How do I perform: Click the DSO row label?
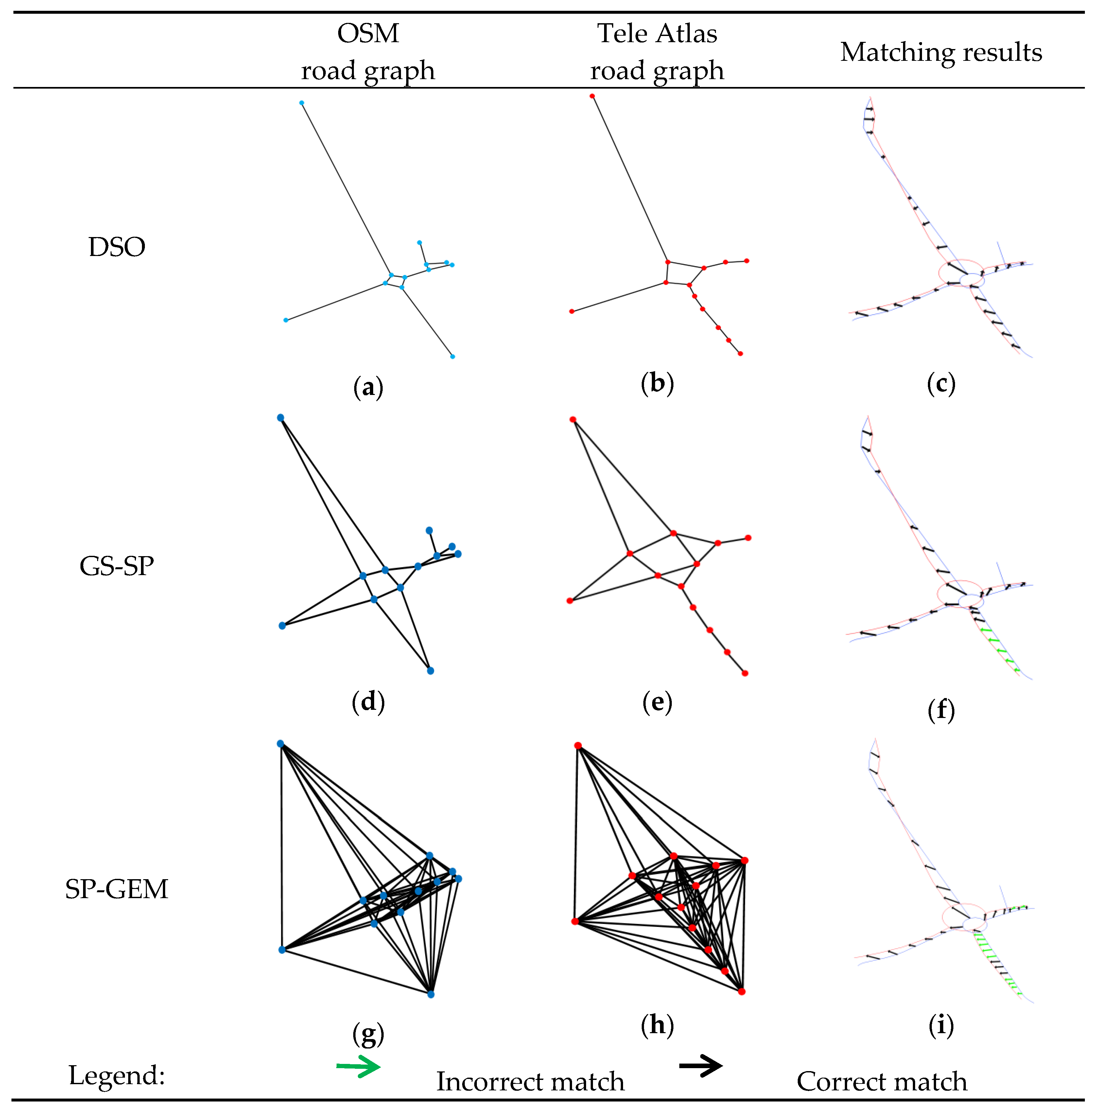tap(117, 247)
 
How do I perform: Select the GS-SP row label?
tap(117, 567)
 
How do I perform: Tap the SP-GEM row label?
tap(117, 889)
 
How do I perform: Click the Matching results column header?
tap(941, 52)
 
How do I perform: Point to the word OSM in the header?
tap(368, 33)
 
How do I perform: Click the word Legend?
tap(117, 1075)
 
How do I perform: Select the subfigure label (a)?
tap(368, 387)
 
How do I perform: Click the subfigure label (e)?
tap(657, 702)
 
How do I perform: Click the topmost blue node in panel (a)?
tap(302, 103)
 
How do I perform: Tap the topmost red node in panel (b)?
tap(592, 96)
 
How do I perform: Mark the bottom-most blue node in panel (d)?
tap(430, 671)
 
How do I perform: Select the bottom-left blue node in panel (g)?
tap(282, 950)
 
